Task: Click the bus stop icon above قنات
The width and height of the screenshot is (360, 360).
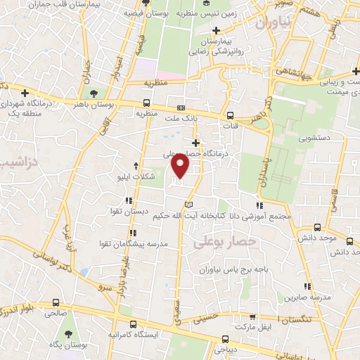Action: click(231, 116)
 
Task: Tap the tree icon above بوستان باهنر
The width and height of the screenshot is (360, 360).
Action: click(93, 92)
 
